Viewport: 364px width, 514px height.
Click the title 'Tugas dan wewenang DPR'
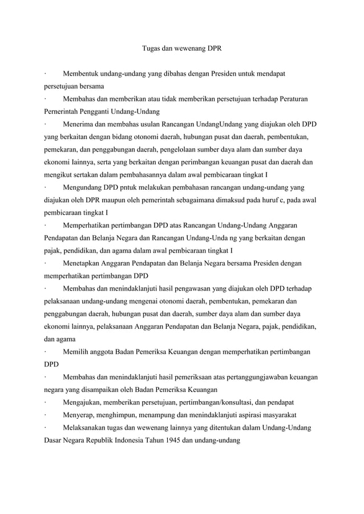pos(181,49)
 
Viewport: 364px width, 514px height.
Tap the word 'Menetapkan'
pos(82,263)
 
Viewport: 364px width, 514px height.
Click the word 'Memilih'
pos(75,352)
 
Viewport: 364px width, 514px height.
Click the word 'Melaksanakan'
pos(85,427)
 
